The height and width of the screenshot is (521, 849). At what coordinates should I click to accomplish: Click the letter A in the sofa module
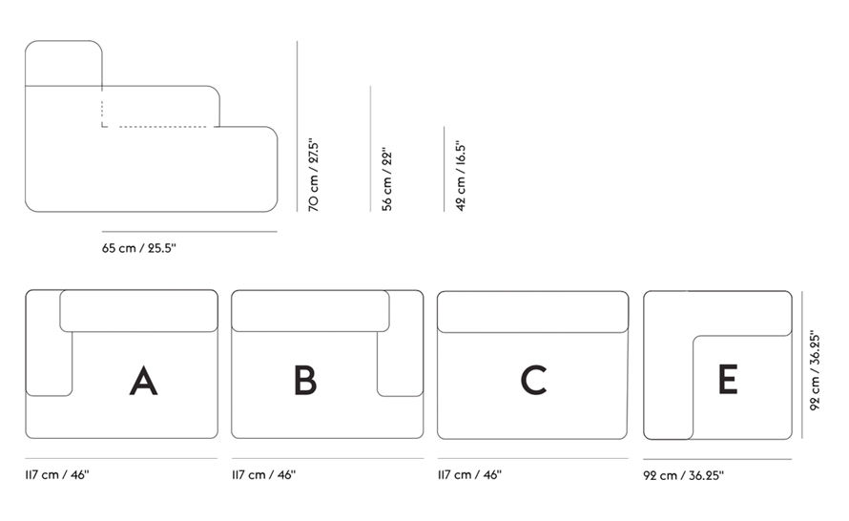point(143,380)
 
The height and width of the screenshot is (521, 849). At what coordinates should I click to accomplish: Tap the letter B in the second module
point(304,380)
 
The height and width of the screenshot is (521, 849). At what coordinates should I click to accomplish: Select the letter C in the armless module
point(533,380)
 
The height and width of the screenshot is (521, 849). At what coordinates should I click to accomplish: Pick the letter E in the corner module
point(728,380)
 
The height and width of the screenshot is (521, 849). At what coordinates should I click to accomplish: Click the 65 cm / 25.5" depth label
point(139,248)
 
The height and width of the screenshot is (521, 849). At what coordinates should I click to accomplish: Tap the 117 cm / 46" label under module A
point(58,473)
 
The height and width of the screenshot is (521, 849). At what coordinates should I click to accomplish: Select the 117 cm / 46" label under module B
point(264,473)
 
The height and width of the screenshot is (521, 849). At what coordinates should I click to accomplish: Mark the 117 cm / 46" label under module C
point(469,473)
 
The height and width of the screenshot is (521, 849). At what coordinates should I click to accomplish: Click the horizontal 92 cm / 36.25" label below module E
point(690,473)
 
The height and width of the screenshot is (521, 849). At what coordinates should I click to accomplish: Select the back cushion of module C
point(533,311)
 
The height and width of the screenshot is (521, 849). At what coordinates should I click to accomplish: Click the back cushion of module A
point(139,311)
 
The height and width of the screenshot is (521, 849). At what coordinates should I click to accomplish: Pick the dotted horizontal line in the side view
point(162,126)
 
